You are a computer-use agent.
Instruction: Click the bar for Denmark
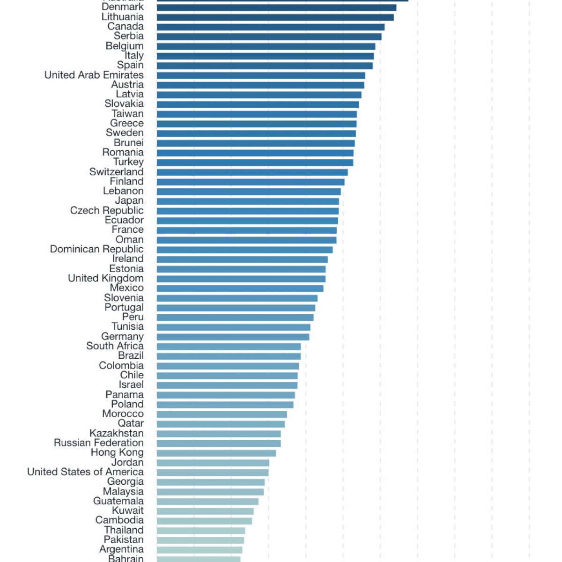[276, 7]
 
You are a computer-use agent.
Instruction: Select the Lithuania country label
[123, 17]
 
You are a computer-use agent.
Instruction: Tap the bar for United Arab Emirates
[261, 75]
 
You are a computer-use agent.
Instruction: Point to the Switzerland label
[117, 172]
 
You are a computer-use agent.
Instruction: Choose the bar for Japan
[248, 201]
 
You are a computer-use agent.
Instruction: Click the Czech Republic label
[107, 211]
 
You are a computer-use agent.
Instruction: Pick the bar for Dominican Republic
[244, 250]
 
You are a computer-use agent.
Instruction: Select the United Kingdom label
[106, 278]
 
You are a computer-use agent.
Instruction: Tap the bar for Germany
[233, 337]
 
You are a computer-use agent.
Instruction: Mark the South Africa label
[115, 346]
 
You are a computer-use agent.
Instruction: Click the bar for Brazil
[229, 356]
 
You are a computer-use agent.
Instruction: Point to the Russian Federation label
[99, 443]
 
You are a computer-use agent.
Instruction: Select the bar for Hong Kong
[216, 453]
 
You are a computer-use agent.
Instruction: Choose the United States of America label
[85, 472]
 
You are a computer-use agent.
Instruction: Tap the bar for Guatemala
[207, 502]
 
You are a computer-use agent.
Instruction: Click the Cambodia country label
[119, 520]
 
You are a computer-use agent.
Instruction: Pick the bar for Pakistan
[200, 540]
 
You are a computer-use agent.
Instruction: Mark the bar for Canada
[270, 27]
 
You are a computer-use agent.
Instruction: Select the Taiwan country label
[127, 114]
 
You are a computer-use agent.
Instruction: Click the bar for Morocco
[222, 414]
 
